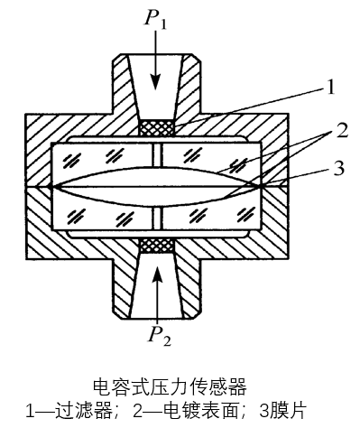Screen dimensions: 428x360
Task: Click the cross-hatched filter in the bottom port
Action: pos(158,245)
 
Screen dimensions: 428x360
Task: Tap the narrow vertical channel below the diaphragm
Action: pos(158,219)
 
